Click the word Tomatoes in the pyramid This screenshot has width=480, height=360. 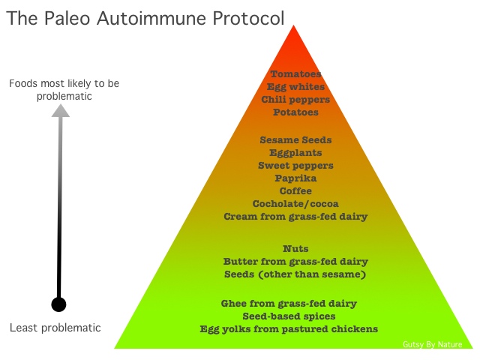point(295,74)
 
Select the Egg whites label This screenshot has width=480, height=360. point(295,87)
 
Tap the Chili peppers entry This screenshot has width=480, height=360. point(295,100)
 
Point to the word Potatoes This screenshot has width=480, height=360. point(295,112)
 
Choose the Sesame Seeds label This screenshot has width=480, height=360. point(295,140)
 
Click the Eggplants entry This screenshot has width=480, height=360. point(295,153)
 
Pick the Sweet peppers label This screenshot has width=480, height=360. point(295,166)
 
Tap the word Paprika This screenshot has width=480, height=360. point(295,178)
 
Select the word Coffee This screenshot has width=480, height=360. point(295,191)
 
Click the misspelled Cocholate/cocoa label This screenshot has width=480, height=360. point(295,204)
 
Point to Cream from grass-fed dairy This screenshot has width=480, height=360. point(295,217)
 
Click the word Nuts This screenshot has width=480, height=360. point(295,249)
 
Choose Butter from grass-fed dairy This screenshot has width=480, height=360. point(295,262)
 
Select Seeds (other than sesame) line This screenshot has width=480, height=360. point(295,274)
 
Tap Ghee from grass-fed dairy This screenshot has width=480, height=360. point(289,304)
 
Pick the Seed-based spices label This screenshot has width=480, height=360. point(289,316)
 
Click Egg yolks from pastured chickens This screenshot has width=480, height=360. point(289,329)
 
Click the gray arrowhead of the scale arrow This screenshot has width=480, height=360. point(61,111)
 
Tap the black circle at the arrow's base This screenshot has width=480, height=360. point(58,304)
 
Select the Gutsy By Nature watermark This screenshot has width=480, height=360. point(432,345)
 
